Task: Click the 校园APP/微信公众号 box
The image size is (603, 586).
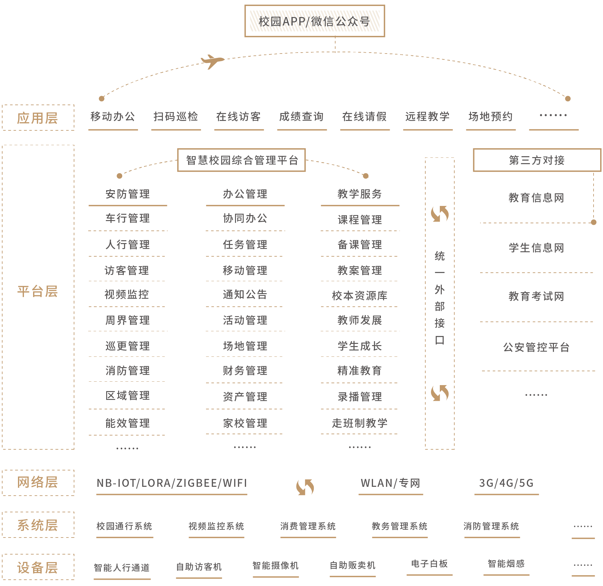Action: pos(314,21)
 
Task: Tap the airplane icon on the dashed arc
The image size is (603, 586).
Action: pos(212,61)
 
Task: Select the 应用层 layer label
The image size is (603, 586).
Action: pos(38,118)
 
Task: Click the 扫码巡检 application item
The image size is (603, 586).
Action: pos(176,117)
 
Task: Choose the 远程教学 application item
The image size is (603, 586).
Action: pos(428,117)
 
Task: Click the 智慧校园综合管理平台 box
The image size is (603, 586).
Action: pos(242,160)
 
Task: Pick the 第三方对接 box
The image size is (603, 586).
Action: pos(537,160)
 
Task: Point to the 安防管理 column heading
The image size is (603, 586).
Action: pos(128,194)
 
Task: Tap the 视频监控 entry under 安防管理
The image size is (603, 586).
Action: pos(127,294)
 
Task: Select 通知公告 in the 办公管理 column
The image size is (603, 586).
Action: pos(245,294)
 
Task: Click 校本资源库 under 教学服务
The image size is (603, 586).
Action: pos(360,296)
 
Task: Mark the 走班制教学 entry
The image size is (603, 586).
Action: pos(360,423)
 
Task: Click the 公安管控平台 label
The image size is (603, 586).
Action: pos(537,347)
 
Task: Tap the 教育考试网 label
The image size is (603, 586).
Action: pos(537,296)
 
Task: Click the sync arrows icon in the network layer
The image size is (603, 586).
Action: pos(305,487)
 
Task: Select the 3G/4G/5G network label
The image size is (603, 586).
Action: pos(506,483)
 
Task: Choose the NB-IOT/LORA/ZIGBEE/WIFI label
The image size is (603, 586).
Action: pos(172,483)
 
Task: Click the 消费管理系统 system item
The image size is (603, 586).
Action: pos(308,526)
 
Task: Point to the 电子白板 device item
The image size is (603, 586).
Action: pos(429,564)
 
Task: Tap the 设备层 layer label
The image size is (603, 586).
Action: pos(38,568)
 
